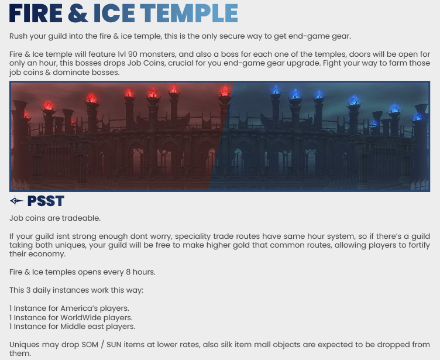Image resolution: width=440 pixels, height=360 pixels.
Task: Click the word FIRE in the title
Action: click(36, 13)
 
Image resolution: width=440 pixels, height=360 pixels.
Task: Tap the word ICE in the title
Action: click(114, 13)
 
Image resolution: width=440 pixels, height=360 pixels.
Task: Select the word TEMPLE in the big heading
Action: click(189, 13)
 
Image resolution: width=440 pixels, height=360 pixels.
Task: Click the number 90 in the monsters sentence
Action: click(132, 54)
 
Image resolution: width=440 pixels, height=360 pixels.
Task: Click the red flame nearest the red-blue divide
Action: click(225, 90)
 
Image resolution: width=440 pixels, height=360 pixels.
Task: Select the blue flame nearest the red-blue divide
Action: click(276, 90)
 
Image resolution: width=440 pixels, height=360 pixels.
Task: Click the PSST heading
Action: click(46, 201)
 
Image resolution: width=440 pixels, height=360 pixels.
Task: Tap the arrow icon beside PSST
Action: click(16, 201)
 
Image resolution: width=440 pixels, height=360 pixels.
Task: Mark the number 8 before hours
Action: click(128, 272)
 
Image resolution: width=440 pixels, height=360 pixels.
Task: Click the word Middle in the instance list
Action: click(71, 327)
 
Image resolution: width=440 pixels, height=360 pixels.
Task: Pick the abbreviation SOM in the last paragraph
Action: click(90, 345)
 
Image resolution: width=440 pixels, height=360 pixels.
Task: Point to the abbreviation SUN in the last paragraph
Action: click(114, 345)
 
